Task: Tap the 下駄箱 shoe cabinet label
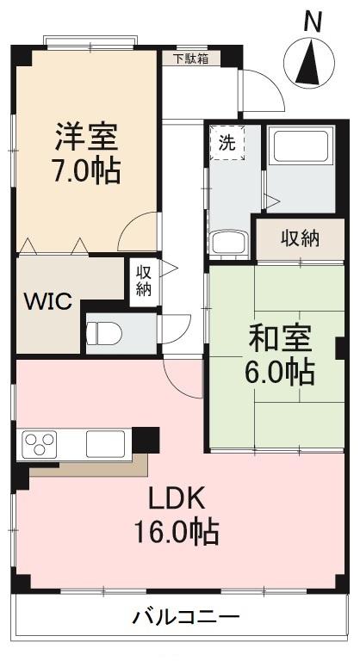click(190, 59)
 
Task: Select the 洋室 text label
click(86, 137)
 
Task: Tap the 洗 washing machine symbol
click(227, 144)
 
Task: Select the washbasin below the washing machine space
click(228, 242)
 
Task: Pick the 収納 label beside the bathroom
click(300, 238)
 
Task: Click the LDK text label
click(176, 498)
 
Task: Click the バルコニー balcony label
click(185, 616)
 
